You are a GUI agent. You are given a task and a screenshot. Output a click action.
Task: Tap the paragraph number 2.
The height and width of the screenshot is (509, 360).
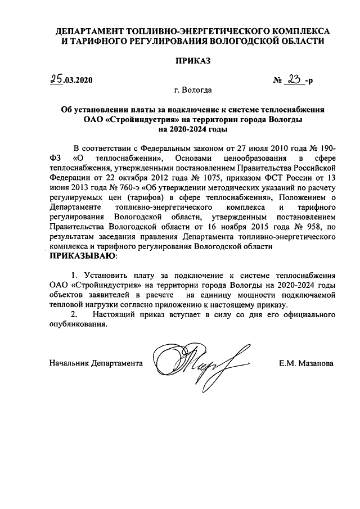coord(72,314)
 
